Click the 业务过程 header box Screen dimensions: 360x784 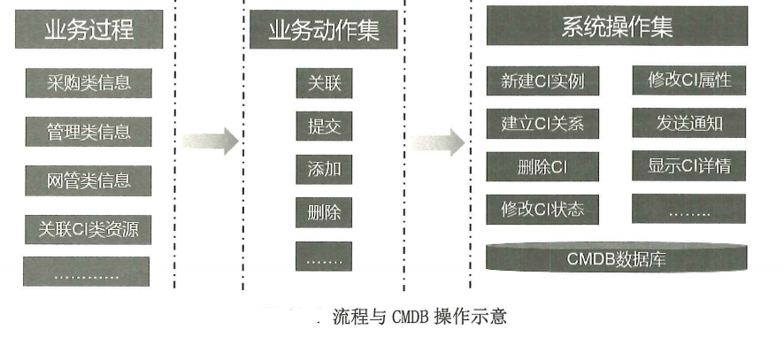pyautogui.click(x=88, y=30)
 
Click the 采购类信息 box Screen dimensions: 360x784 pyautogui.click(x=88, y=83)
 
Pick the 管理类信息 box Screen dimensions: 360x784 pyautogui.click(x=88, y=132)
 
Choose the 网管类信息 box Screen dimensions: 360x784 pyautogui.click(x=88, y=180)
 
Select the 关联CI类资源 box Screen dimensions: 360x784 pyautogui.click(x=88, y=229)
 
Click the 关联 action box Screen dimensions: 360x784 pyautogui.click(x=324, y=84)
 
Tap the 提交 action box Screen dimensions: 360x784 pyautogui.click(x=324, y=126)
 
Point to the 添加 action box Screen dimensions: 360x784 pyautogui.click(x=324, y=168)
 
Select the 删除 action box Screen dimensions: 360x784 pyautogui.click(x=324, y=212)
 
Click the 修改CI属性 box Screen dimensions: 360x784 pyautogui.click(x=689, y=80)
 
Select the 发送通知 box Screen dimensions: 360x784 pyautogui.click(x=689, y=123)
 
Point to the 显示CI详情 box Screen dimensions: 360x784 pyautogui.click(x=689, y=165)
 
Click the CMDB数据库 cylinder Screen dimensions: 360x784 pyautogui.click(x=616, y=258)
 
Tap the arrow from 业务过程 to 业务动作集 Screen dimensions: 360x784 pyautogui.click(x=210, y=140)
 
